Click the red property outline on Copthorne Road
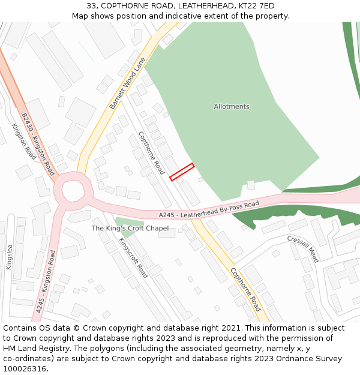(x=182, y=172)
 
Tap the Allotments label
(x=232, y=107)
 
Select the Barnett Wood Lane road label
(x=128, y=83)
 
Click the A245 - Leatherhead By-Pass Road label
(x=209, y=209)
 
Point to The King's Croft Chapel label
(x=130, y=229)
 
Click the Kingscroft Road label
(x=133, y=257)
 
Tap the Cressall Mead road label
(x=303, y=248)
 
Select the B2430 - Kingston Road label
(x=38, y=144)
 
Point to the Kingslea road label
(x=8, y=256)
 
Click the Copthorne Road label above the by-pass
(x=151, y=153)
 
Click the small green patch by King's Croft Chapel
(x=125, y=222)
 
